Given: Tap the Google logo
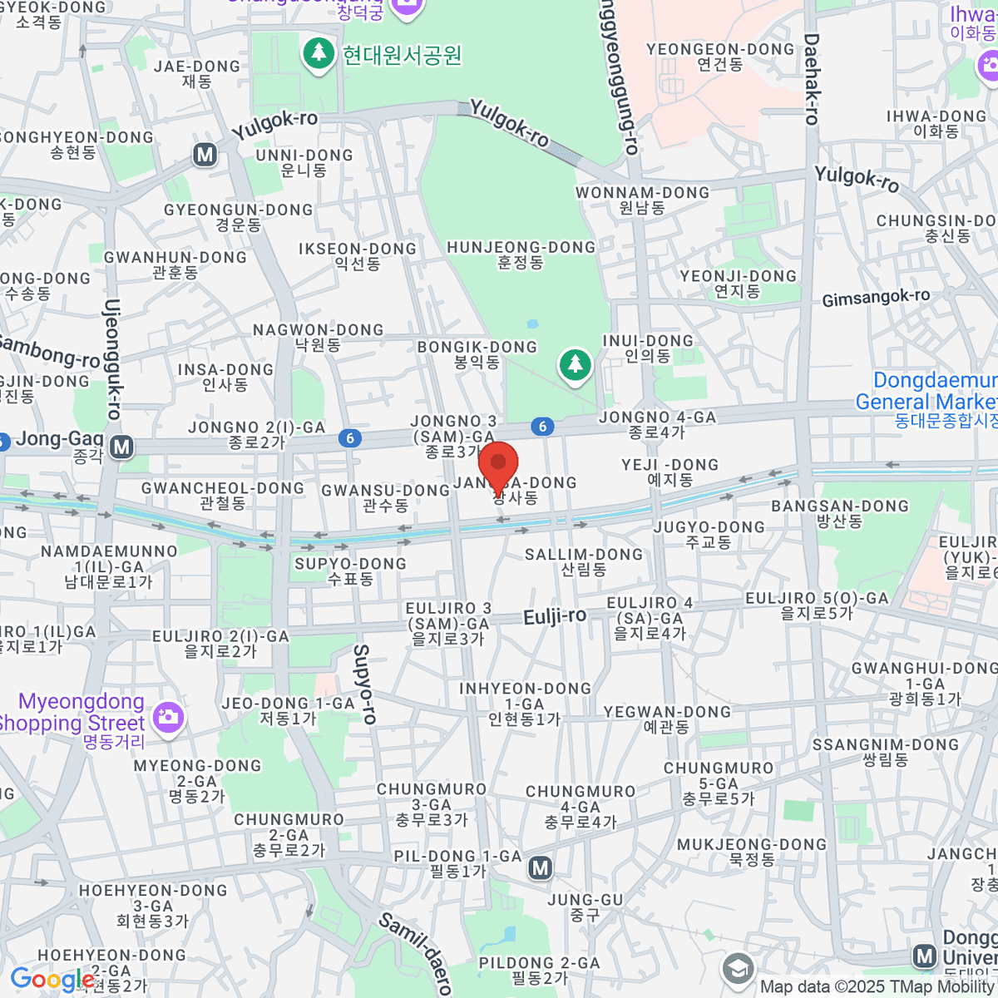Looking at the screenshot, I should click(52, 980).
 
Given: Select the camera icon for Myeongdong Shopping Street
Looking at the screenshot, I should click(168, 716).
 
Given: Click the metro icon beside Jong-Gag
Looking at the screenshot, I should click(122, 447).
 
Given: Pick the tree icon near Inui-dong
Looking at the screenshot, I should click(575, 363).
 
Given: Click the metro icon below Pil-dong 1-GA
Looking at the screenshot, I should click(541, 868).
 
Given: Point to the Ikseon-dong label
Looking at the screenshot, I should click(358, 255).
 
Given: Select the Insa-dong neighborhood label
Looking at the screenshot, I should click(225, 377).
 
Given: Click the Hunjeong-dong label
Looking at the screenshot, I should click(521, 254).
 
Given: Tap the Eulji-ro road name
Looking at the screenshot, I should click(555, 617).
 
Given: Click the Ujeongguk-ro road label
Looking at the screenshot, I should click(112, 358).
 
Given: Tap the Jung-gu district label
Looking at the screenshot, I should click(585, 907).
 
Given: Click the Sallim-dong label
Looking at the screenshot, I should click(584, 561).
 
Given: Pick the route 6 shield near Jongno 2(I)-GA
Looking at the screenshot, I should click(350, 438).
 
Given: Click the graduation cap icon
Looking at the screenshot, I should click(738, 969).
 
